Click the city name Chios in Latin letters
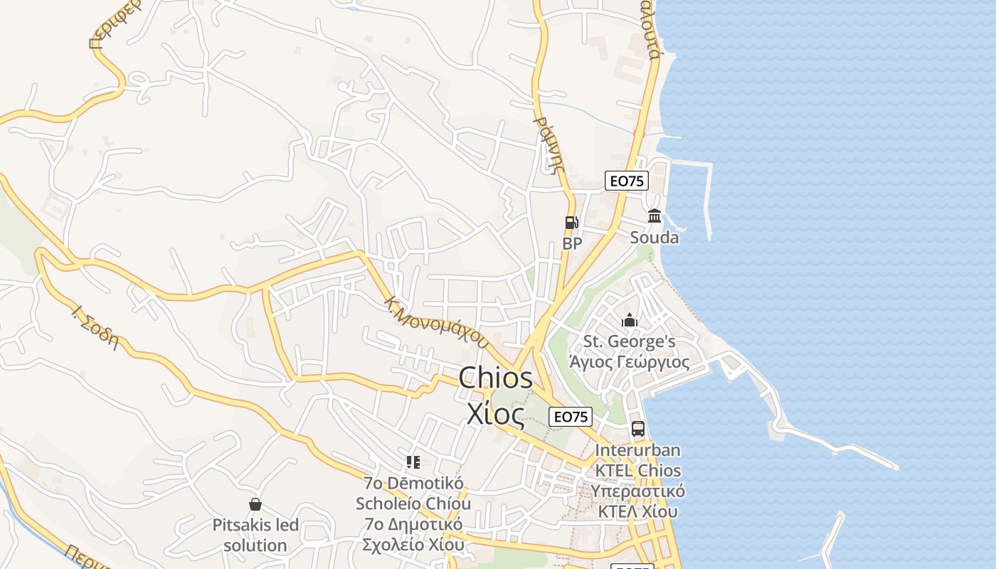495,378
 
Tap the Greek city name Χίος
495,413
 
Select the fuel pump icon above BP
571,223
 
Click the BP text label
572,243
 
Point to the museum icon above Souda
655,216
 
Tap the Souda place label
655,238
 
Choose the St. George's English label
630,342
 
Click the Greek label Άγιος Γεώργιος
630,362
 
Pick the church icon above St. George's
630,321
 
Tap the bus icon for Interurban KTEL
638,429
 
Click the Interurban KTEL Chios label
638,460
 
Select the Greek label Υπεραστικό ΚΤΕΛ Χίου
638,501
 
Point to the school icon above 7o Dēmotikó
413,462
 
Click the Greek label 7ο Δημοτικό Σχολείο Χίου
413,535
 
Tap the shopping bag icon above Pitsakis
255,504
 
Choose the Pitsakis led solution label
255,536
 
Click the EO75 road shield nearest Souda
627,181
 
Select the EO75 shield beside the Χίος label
571,417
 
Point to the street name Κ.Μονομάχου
436,321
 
